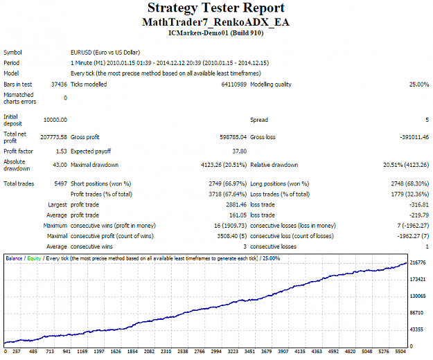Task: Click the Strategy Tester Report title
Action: pyautogui.click(x=216, y=8)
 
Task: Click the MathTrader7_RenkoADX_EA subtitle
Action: pyautogui.click(x=216, y=22)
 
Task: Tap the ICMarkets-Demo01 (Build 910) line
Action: pyautogui.click(x=216, y=33)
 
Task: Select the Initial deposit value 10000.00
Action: pyautogui.click(x=55, y=120)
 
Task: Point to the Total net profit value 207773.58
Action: pyautogui.click(x=53, y=137)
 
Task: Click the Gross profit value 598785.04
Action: pyautogui.click(x=233, y=137)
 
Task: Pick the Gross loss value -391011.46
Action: pyautogui.click(x=414, y=137)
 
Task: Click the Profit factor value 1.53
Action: pyautogui.click(x=61, y=152)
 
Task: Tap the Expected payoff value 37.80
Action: pyautogui.click(x=240, y=152)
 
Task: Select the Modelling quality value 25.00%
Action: pyautogui.click(x=419, y=84)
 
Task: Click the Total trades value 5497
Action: pyautogui.click(x=61, y=183)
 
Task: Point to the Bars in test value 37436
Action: pyautogui.click(x=59, y=84)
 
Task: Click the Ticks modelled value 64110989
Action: pyautogui.click(x=234, y=84)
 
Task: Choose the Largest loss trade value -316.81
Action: pyautogui.click(x=419, y=205)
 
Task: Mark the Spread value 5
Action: pyautogui.click(x=427, y=120)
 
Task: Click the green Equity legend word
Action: pyautogui.click(x=34, y=258)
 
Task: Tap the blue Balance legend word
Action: pyautogui.click(x=14, y=258)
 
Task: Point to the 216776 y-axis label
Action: pyautogui.click(x=418, y=262)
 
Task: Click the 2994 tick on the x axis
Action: pyautogui.click(x=216, y=352)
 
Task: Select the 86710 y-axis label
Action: pyautogui.click(x=416, y=313)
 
